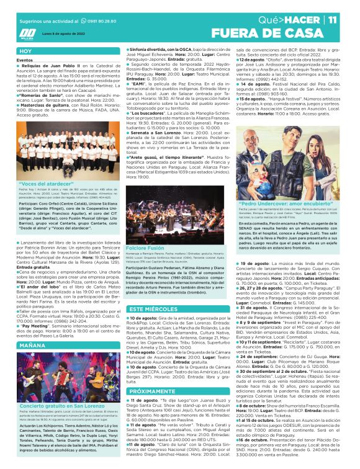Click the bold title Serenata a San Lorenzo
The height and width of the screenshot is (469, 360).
pyautogui.click(x=155, y=132)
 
